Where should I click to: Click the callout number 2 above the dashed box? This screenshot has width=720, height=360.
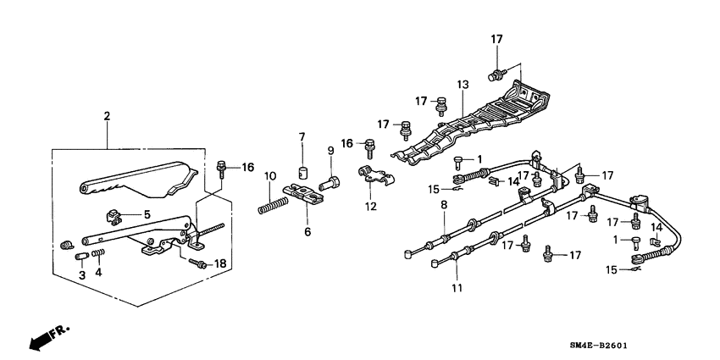(107, 116)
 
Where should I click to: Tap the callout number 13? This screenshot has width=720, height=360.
(462, 85)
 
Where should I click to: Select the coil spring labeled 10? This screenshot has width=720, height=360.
(274, 205)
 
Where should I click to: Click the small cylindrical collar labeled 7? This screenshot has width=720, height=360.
(302, 173)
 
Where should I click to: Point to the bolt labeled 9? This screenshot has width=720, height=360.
(330, 183)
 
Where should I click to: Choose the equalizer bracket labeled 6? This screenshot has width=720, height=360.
(303, 194)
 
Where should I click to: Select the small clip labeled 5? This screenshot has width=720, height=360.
(114, 216)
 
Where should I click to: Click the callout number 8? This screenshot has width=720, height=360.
(444, 205)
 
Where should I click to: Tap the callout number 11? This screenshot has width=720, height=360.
(457, 288)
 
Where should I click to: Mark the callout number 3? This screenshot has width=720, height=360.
(82, 275)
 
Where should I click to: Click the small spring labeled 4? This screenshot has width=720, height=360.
(99, 252)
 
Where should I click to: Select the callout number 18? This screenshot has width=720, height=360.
(220, 263)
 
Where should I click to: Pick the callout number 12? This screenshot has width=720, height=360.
(371, 207)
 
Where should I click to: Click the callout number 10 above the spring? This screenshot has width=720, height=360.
(270, 175)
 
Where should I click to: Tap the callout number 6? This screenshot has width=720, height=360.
(307, 232)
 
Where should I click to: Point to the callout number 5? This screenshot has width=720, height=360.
(147, 214)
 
